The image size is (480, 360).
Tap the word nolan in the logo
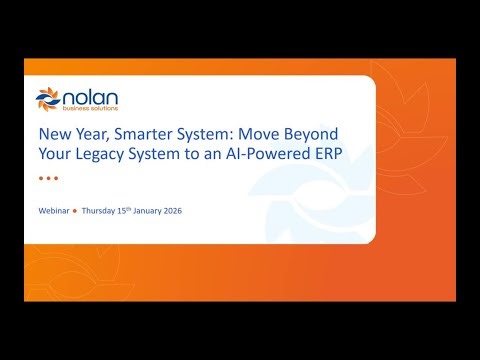pyautogui.click(x=87, y=97)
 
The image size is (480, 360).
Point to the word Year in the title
pyautogui.click(x=88, y=134)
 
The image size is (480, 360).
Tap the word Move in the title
pyautogui.click(x=263, y=134)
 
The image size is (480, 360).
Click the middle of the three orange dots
pyautogui.click(x=48, y=178)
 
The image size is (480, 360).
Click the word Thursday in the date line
pyautogui.click(x=99, y=211)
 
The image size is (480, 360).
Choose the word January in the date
pyautogui.click(x=154, y=211)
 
